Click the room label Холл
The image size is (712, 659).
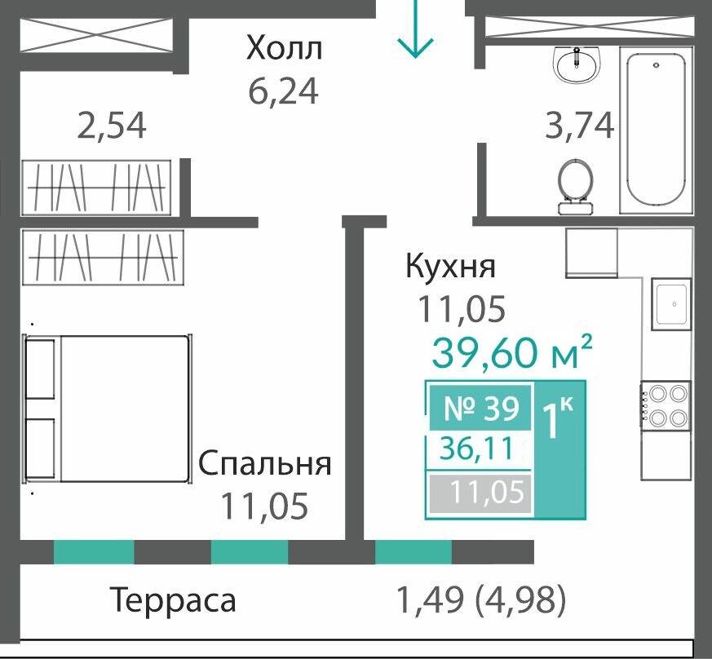click(285, 48)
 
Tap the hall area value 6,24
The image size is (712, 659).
click(283, 90)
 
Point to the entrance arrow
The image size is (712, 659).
click(415, 29)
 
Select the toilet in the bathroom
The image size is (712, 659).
click(576, 184)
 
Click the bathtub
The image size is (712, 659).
click(654, 130)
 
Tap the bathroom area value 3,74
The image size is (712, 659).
click(579, 126)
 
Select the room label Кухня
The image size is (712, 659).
click(450, 267)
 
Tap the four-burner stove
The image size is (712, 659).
click(665, 405)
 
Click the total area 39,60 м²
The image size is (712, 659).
click(511, 353)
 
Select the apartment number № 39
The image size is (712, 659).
click(481, 408)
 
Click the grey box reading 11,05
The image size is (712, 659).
click(481, 493)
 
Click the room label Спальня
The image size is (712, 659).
click(265, 463)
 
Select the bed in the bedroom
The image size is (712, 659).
click(107, 408)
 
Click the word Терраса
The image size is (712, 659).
click(173, 600)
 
